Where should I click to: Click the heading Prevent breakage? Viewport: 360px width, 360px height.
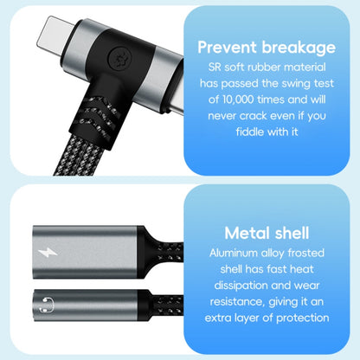pos(267,47)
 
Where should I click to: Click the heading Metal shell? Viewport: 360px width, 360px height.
pos(267,233)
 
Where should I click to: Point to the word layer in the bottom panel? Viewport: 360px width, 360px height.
pos(264,318)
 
